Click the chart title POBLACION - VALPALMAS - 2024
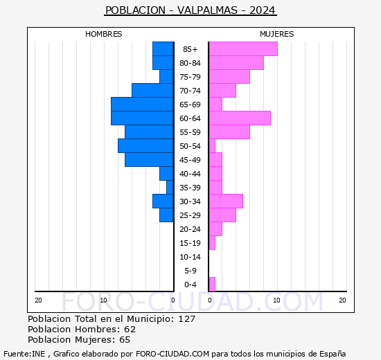pyautogui.click(x=190, y=10)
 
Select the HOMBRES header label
pyautogui.click(x=104, y=34)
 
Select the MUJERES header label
pyautogui.click(x=276, y=34)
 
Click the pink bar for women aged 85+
pyautogui.click(x=242, y=48)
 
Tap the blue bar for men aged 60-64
pyautogui.click(x=142, y=118)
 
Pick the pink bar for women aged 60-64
pyautogui.click(x=239, y=118)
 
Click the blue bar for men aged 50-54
pyautogui.click(x=145, y=145)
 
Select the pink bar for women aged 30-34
pyautogui.click(x=225, y=201)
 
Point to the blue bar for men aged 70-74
pyautogui.click(x=152, y=90)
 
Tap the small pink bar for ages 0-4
pyautogui.click(x=212, y=284)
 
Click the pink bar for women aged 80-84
pyautogui.click(x=236, y=62)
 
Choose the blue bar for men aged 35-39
pyautogui.click(x=170, y=187)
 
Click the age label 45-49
pyautogui.click(x=190, y=160)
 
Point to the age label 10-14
pyautogui.click(x=190, y=257)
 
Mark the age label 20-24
pyautogui.click(x=190, y=229)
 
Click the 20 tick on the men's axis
pyautogui.click(x=38, y=300)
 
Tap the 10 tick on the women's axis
pyautogui.click(x=276, y=300)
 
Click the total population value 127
pyautogui.click(x=186, y=318)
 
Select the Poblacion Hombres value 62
pyautogui.click(x=130, y=329)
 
